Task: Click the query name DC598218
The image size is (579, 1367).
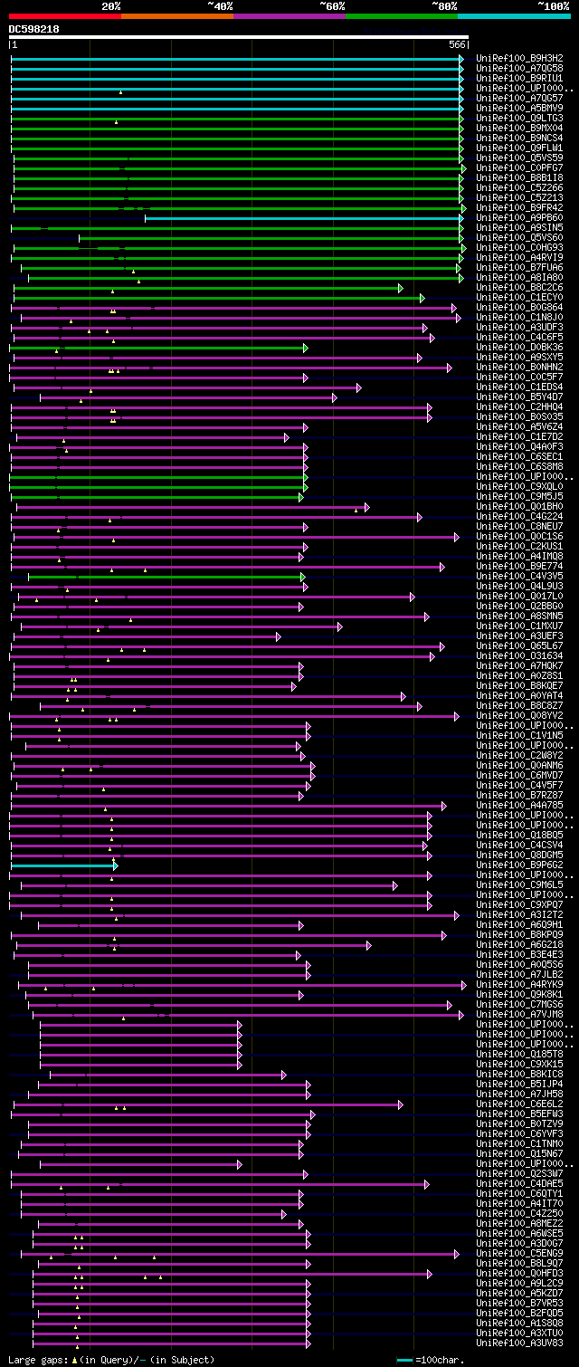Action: point(34,29)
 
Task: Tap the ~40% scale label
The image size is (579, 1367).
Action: point(220,5)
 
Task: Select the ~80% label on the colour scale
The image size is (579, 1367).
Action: point(444,5)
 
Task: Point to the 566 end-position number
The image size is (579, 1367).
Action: point(457,44)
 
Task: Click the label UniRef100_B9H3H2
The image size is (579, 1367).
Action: point(519,58)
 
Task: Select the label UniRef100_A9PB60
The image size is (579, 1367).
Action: point(519,217)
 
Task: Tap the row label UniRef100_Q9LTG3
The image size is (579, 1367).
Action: point(519,118)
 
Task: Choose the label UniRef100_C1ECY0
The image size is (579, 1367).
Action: point(519,297)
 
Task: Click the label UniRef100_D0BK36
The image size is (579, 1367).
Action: point(519,347)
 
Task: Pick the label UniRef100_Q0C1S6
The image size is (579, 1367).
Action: point(519,536)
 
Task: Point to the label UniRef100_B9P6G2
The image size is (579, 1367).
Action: point(519,865)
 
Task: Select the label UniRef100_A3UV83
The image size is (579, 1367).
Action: point(519,1343)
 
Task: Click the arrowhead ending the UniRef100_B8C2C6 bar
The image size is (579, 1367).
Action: point(400,288)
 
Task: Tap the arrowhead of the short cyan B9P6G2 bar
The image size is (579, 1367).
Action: point(115,865)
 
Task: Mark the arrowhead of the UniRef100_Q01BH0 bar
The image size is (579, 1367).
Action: point(366,507)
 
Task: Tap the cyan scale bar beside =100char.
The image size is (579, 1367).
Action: point(403,1360)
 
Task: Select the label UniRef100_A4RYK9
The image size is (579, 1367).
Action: point(519,984)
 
